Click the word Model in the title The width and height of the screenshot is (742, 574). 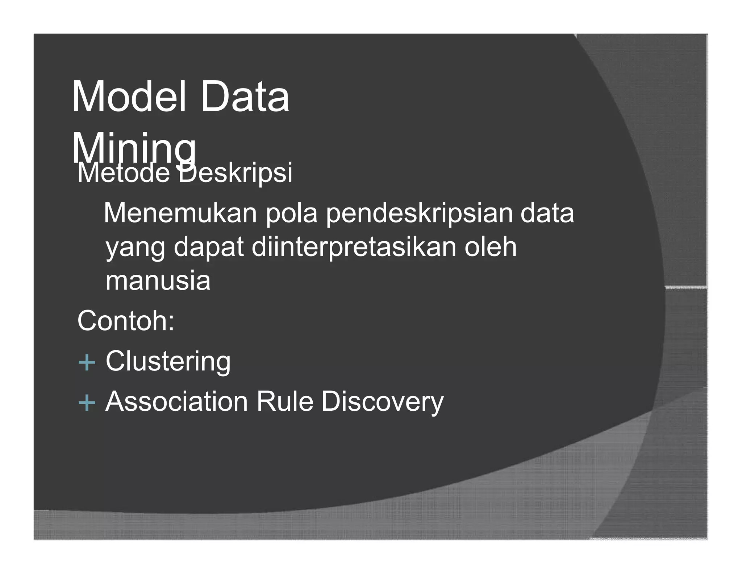click(x=129, y=97)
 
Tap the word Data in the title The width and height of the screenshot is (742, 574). click(x=245, y=97)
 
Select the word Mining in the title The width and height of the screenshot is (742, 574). click(x=133, y=149)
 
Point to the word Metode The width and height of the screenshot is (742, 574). click(x=123, y=173)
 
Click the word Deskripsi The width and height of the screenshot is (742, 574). click(x=235, y=173)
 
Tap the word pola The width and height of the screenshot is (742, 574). click(x=292, y=213)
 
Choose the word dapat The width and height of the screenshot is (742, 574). click(x=208, y=247)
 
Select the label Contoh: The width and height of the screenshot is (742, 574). click(x=126, y=321)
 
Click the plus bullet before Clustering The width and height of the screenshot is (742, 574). click(x=87, y=362)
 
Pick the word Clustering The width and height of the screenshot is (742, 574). click(x=168, y=362)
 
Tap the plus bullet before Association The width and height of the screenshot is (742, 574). click(x=87, y=403)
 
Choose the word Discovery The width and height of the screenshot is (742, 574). click(x=382, y=402)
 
